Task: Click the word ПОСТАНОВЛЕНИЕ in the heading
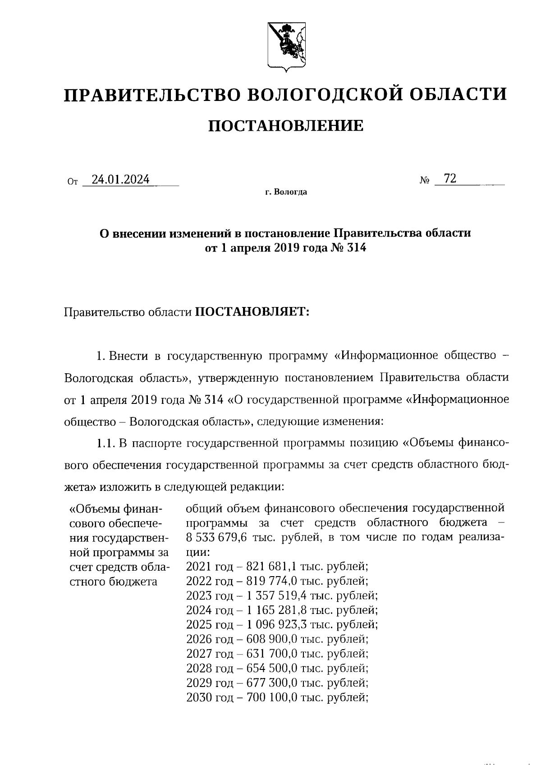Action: (286, 126)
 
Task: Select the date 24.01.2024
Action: (120, 179)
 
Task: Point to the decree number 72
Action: (450, 179)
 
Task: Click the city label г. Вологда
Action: (286, 192)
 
